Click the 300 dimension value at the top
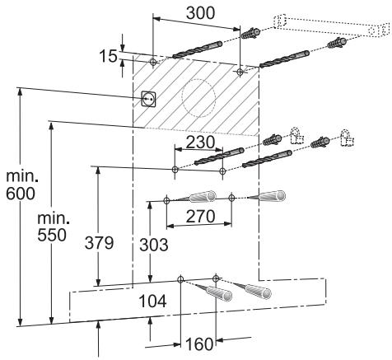pos(200,13)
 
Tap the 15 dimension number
pos(108,56)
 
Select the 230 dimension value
pos(200,143)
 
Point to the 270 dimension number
pos(200,217)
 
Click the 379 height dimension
pos(99,243)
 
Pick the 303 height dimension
pos(154,245)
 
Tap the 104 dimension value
pos(152,301)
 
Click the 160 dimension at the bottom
pos(199,344)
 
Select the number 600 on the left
pos(21,194)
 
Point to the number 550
pos(52,236)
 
